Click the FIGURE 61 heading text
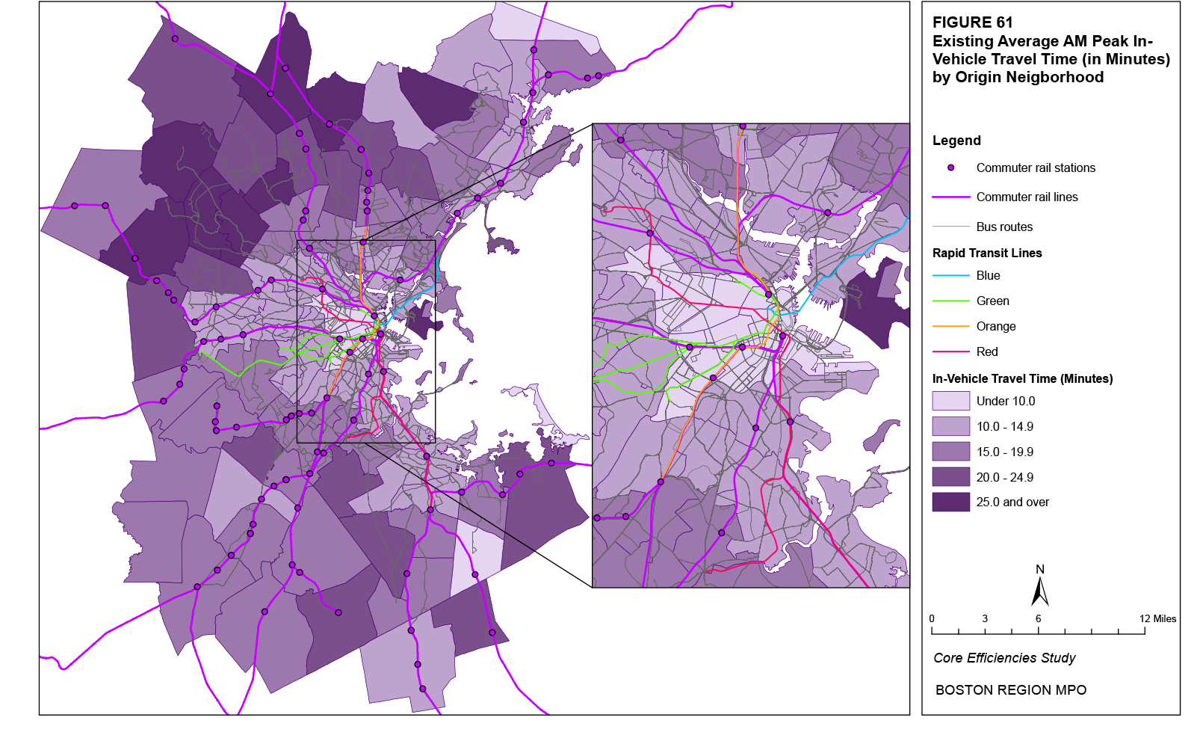tap(972, 22)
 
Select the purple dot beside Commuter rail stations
tap(950, 167)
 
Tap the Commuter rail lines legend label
tap(1027, 197)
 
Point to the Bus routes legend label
tap(1004, 227)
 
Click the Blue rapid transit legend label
tap(988, 276)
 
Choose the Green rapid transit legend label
tap(992, 301)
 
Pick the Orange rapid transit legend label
tap(996, 327)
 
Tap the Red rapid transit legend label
tap(987, 352)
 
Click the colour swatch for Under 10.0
tap(950, 401)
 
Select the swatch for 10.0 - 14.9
tap(950, 426)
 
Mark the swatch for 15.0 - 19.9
tap(950, 452)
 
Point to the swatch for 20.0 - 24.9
tap(950, 477)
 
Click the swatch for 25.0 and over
tap(950, 502)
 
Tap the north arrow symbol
tap(1039, 591)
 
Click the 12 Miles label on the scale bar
tap(1157, 618)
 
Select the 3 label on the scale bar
tap(985, 618)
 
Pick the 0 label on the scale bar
tap(932, 618)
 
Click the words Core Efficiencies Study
tap(1004, 658)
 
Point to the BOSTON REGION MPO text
tap(1011, 690)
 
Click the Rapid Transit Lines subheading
tap(987, 253)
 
